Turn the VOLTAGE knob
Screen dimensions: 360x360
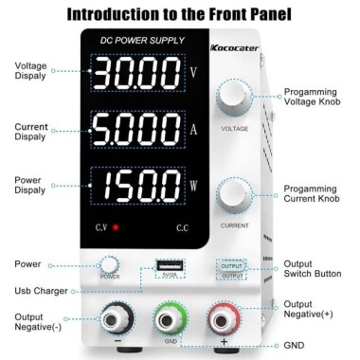234,99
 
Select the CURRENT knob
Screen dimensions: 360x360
234,195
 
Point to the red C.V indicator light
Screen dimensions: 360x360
116,229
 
